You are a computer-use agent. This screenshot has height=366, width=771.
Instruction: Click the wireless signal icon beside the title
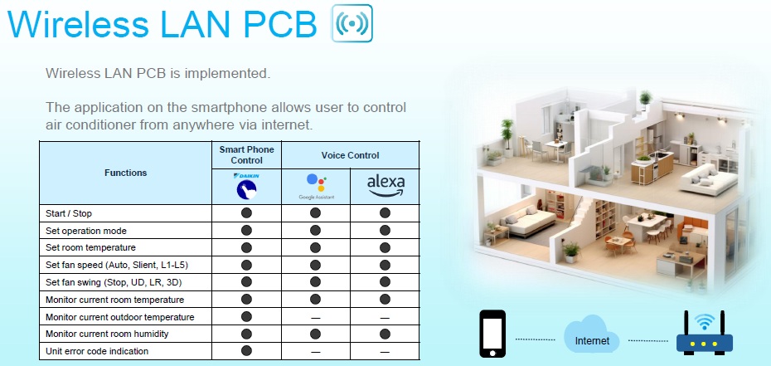point(352,23)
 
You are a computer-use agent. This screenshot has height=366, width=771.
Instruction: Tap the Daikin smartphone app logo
point(247,187)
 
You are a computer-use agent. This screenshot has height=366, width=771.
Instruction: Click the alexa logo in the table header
point(385,186)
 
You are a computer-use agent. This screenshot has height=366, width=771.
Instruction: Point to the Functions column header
point(125,173)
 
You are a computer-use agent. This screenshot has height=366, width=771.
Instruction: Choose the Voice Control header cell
point(350,155)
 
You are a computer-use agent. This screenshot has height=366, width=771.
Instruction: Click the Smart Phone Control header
point(247,155)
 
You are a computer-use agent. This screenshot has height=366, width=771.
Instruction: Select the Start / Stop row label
point(69,213)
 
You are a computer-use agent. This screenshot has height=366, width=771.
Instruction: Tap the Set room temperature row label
point(90,247)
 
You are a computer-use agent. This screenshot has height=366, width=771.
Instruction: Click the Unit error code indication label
point(97,351)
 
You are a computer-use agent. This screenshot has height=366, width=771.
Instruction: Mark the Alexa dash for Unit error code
point(385,352)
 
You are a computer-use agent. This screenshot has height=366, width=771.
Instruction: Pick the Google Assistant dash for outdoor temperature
point(316,318)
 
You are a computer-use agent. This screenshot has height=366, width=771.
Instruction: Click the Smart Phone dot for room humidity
point(247,334)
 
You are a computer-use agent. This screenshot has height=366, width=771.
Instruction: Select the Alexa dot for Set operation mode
point(385,230)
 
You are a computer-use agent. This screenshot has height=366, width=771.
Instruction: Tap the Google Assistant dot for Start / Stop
point(316,213)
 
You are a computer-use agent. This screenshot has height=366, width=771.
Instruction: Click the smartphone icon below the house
point(492,334)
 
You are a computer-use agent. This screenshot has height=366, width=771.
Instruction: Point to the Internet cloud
point(592,334)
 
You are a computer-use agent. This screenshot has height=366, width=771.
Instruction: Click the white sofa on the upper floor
point(708,180)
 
